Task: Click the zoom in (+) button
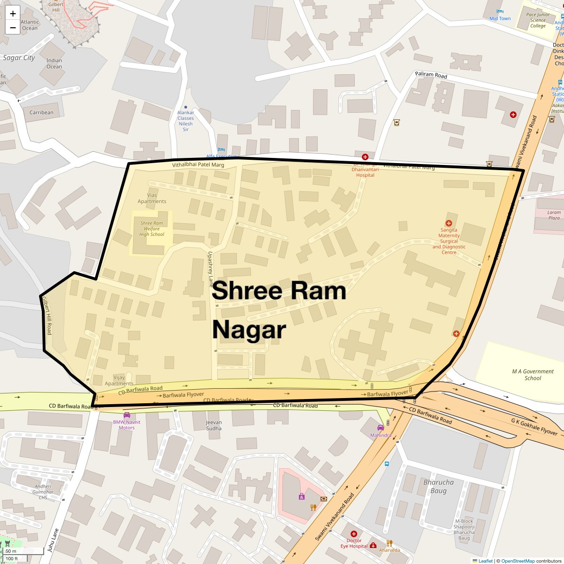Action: [13, 14]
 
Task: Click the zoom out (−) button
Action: [13, 28]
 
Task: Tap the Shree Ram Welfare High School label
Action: [152, 229]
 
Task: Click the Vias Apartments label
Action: [152, 198]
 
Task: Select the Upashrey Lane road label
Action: [211, 269]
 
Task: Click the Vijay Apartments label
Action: [119, 380]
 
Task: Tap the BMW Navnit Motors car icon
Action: [126, 415]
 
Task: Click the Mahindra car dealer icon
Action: [380, 428]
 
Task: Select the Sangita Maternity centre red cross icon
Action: [448, 223]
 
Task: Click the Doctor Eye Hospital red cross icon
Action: [354, 534]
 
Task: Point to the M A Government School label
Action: [533, 375]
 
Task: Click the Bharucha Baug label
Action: [439, 486]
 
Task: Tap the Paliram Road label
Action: [431, 75]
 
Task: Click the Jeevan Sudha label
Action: [214, 425]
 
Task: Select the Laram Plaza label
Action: [554, 215]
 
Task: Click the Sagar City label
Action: [19, 58]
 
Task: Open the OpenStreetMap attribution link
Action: [517, 561]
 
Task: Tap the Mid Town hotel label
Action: [500, 19]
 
